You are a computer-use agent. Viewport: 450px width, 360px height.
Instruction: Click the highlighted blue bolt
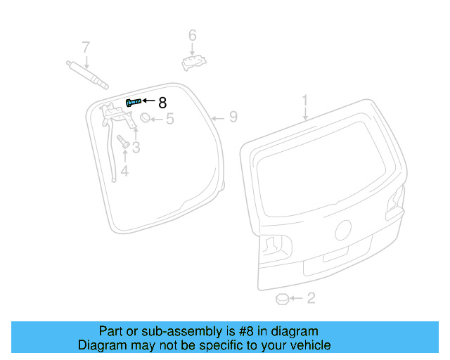(134, 102)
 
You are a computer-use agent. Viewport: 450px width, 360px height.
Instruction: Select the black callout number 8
(162, 103)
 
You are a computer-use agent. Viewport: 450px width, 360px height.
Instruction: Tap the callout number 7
(86, 47)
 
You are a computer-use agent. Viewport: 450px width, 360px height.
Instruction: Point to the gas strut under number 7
(87, 75)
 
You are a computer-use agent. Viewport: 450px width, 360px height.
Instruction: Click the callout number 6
(192, 35)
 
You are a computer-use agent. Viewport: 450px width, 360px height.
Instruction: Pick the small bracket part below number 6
(194, 63)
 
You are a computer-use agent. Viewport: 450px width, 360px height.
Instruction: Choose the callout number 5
(170, 119)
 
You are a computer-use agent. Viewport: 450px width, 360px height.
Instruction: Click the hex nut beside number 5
(146, 117)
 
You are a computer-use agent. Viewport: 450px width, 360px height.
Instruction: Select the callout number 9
(233, 117)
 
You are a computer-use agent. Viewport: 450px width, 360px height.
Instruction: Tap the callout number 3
(136, 147)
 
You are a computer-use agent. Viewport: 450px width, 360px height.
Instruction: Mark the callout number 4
(124, 171)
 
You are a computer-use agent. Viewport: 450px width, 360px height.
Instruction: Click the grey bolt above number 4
(123, 142)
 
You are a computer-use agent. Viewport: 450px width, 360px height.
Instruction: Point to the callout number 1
(304, 101)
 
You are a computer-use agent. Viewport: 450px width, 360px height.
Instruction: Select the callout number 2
(311, 298)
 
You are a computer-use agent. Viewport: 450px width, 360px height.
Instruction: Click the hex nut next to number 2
(282, 299)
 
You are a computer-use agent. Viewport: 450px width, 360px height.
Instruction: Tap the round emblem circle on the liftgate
(343, 230)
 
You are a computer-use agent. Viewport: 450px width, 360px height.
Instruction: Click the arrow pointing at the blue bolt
(148, 101)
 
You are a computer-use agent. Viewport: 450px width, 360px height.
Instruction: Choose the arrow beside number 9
(217, 118)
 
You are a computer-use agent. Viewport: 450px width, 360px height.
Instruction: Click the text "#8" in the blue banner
(245, 331)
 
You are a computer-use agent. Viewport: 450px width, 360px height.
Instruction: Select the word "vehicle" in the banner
(314, 345)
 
